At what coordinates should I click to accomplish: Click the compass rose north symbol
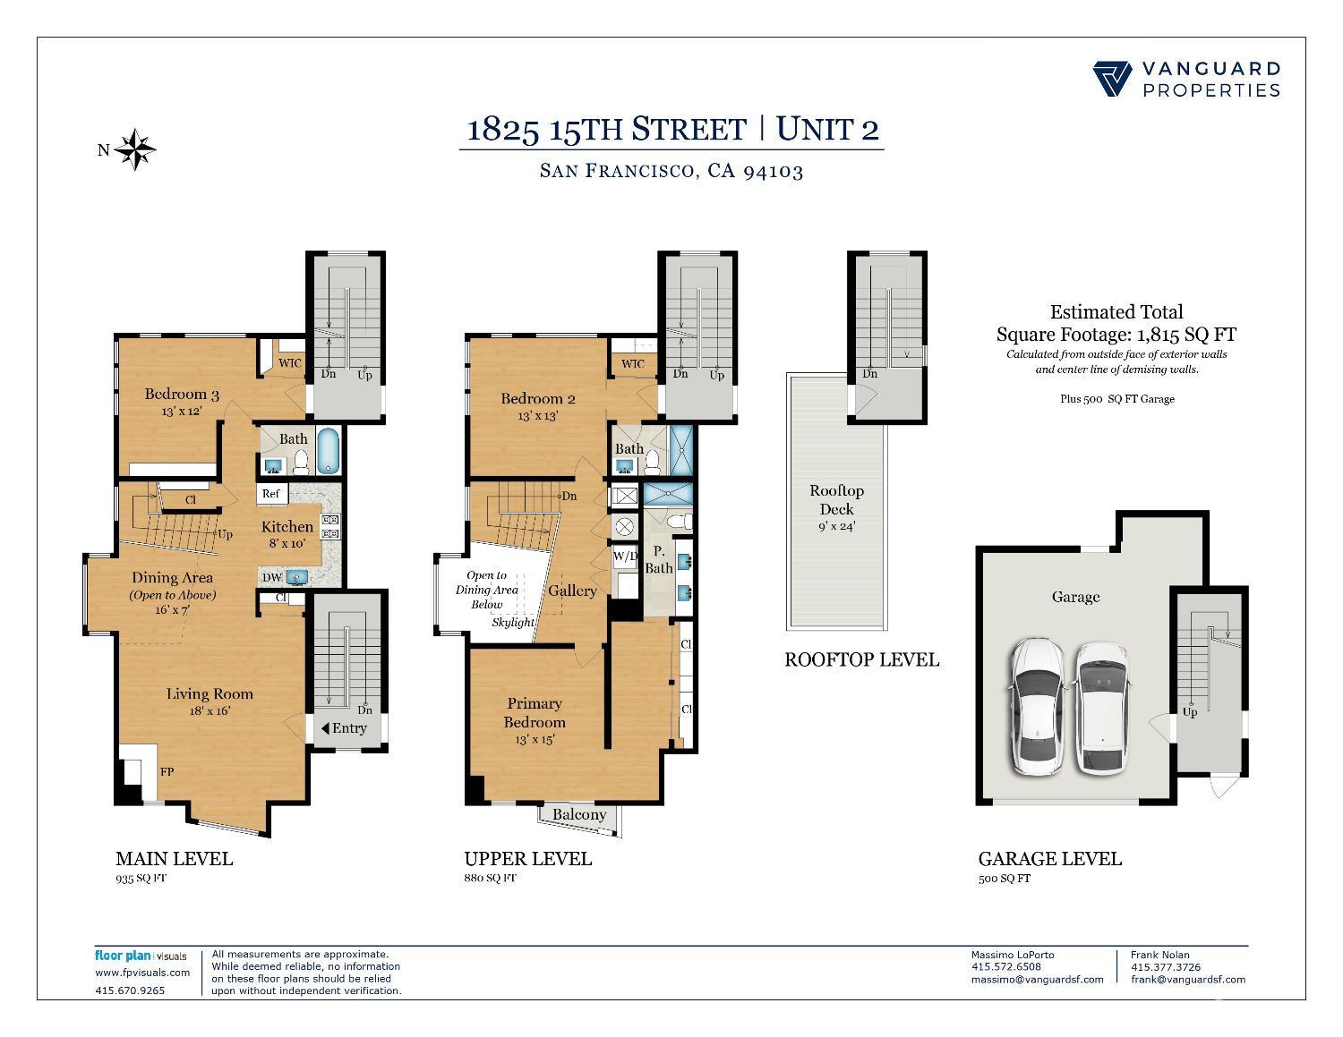coord(136,149)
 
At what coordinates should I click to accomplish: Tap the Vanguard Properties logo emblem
coord(1113,79)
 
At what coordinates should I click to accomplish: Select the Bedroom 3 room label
coord(182,394)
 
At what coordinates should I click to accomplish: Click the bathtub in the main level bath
coord(329,450)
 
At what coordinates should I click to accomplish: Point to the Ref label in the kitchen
coord(270,494)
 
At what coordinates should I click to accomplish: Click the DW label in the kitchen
coord(272,577)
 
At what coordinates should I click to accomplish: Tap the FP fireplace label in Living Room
coord(167,771)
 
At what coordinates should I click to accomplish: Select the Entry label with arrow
coord(344,727)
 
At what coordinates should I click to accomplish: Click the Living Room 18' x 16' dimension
coord(210,710)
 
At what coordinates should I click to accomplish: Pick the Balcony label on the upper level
coord(578,814)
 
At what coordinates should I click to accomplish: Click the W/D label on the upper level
coord(625,555)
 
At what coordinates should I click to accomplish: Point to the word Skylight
coord(512,622)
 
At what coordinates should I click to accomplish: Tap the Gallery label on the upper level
coord(572,591)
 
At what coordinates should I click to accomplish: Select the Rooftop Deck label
coord(836,499)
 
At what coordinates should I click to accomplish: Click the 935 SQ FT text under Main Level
coord(141,878)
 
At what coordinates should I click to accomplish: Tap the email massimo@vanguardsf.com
coord(1037,979)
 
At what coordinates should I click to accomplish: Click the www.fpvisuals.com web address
coord(142,973)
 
